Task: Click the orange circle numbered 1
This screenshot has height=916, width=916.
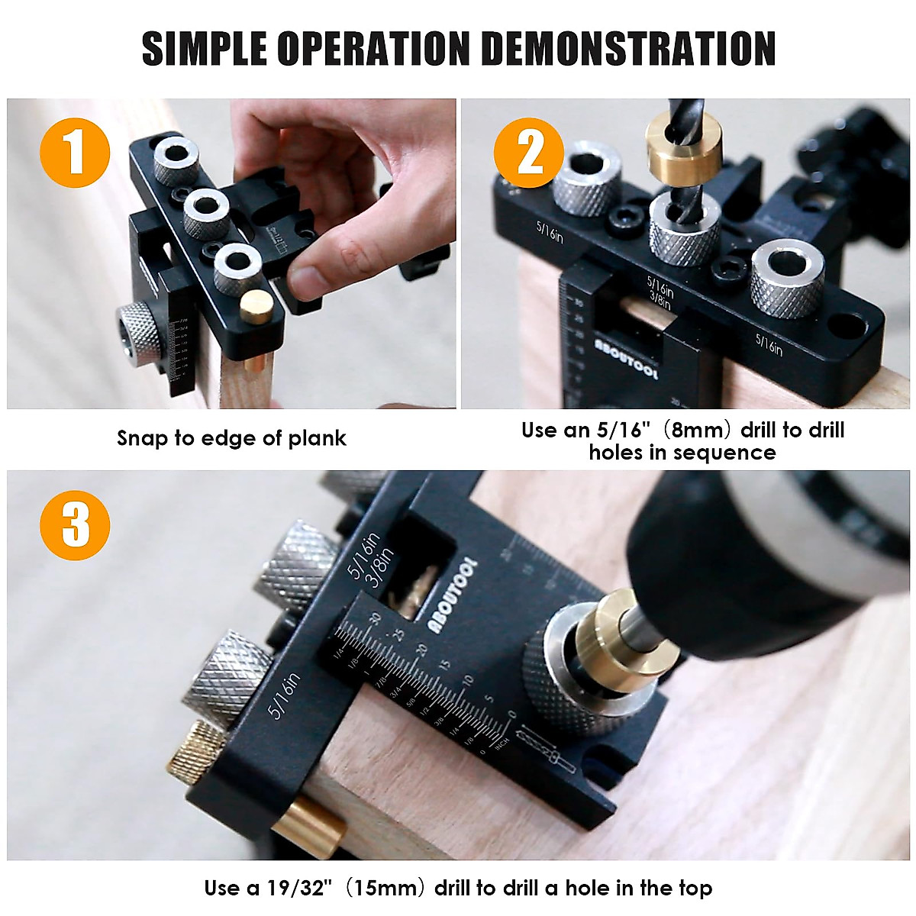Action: tap(75, 153)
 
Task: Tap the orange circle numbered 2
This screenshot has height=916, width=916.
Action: tap(529, 153)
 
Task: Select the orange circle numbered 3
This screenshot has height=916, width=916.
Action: tap(75, 525)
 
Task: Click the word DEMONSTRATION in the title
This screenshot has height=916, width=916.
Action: tap(627, 50)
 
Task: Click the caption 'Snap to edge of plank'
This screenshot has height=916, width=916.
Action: tap(231, 438)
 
